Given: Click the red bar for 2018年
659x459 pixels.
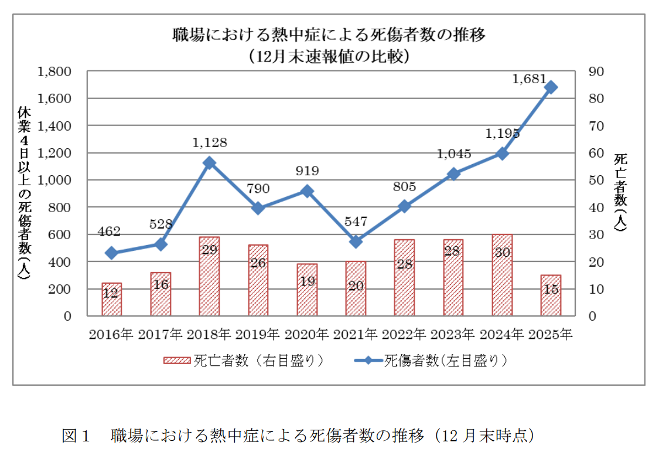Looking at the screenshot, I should tap(209, 276).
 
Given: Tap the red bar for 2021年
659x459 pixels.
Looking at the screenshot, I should tap(356, 288).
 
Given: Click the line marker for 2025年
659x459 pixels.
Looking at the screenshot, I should tap(551, 87).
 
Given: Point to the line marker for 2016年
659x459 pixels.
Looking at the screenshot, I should tap(111, 253).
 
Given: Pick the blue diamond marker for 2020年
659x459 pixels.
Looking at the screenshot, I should tap(307, 191).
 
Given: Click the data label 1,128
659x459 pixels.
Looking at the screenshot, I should tap(209, 142).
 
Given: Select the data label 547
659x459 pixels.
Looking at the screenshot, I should tap(356, 222).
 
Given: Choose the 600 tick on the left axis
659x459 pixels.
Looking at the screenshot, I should tap(61, 234).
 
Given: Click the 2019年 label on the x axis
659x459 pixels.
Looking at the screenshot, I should tap(258, 335).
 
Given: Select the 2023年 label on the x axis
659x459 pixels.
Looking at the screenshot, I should tap(453, 335).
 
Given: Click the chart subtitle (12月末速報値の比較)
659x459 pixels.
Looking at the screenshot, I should tap(328, 57).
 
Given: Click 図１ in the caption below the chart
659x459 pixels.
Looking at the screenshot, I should tap(76, 436).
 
